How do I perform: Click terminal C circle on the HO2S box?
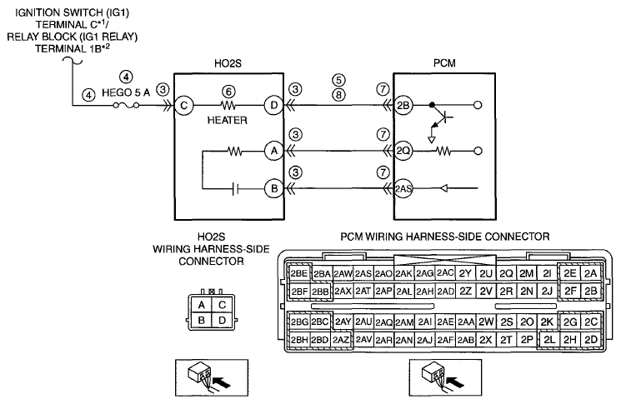click(x=183, y=106)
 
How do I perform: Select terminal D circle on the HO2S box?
click(x=273, y=106)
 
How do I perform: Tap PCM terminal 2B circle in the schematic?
click(x=403, y=105)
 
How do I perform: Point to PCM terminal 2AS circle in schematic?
click(x=403, y=188)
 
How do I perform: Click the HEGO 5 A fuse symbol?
click(x=126, y=105)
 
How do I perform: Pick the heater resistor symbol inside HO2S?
click(x=228, y=106)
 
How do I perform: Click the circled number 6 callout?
click(x=228, y=92)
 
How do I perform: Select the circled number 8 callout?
click(x=338, y=95)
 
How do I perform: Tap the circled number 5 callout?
click(x=338, y=80)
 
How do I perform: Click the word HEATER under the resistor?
click(x=228, y=120)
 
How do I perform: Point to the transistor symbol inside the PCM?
click(x=441, y=119)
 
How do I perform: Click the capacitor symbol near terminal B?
click(x=235, y=189)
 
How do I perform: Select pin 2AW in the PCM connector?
click(x=343, y=273)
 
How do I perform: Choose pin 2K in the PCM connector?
click(x=547, y=322)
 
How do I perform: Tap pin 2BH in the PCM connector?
click(x=299, y=340)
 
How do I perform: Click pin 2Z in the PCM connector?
click(x=465, y=292)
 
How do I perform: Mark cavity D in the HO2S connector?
click(x=222, y=320)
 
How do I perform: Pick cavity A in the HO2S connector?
click(x=201, y=305)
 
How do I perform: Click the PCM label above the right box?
click(x=444, y=63)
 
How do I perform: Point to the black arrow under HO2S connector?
click(x=222, y=382)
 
